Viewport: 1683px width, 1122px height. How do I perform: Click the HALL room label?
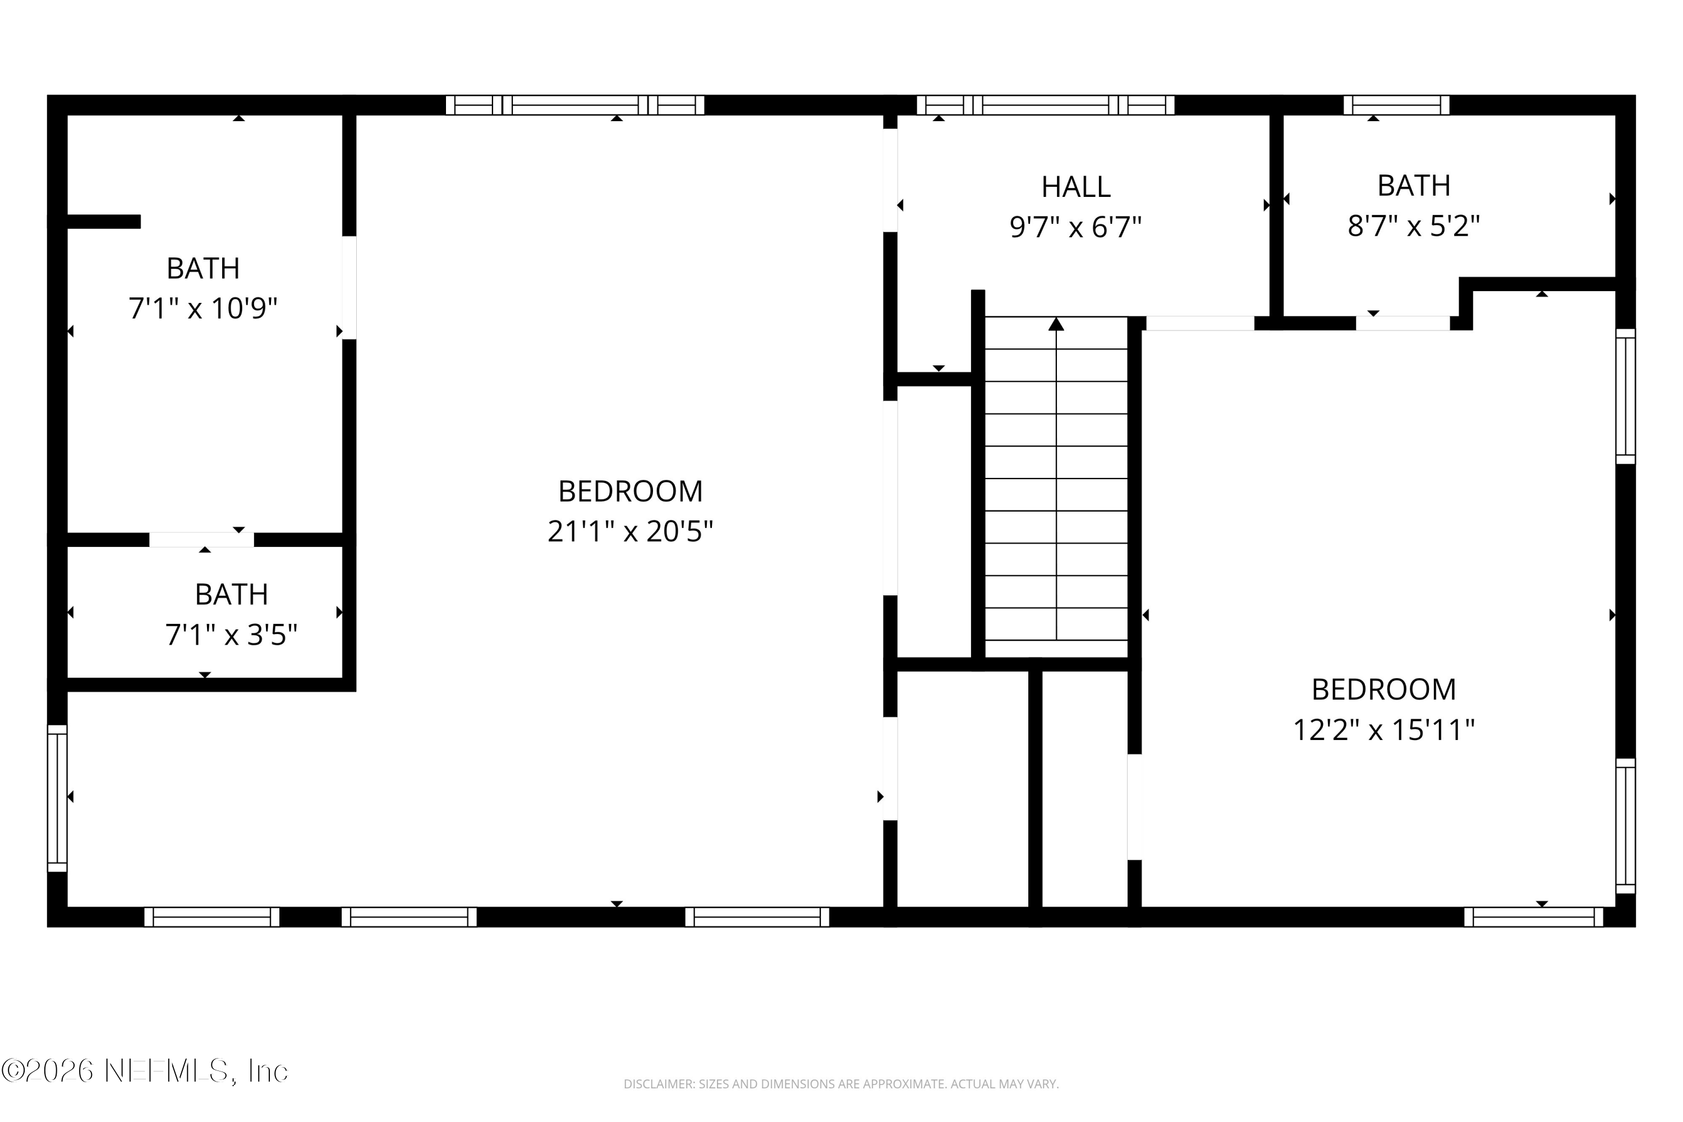pos(1075,187)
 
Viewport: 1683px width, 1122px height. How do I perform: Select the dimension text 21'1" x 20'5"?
pos(629,532)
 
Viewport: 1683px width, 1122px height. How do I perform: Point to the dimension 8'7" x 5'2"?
pos(1413,226)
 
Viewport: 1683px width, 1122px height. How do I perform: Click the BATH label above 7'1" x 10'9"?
pos(203,268)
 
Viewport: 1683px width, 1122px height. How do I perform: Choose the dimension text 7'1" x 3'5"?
pos(231,634)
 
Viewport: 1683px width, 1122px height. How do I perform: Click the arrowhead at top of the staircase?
pos(1056,325)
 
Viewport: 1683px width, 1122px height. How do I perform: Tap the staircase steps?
pos(1056,494)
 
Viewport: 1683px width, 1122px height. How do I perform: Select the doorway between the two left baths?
pos(201,540)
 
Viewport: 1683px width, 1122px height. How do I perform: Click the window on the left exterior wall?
pos(57,798)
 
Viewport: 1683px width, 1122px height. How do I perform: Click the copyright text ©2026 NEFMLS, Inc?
pos(145,1071)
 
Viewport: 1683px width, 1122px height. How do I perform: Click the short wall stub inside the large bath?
pos(104,222)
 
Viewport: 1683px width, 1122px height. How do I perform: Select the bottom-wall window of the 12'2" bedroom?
pos(1533,917)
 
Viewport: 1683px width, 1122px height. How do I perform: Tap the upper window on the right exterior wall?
pos(1625,397)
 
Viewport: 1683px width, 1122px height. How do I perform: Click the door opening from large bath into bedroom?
pos(348,288)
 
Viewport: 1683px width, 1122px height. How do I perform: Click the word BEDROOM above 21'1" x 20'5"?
pos(629,491)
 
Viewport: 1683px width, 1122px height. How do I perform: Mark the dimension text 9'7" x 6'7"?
pos(1075,228)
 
